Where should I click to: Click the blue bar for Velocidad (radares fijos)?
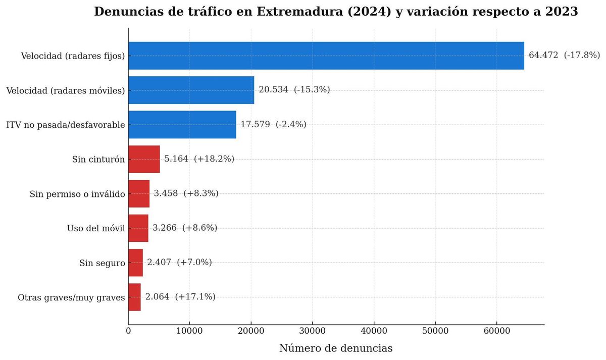pos(326,56)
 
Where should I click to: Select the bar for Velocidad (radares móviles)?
pos(191,90)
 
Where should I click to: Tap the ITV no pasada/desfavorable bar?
pos(182,124)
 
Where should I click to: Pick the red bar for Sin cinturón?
pos(144,159)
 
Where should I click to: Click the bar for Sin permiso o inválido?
pos(139,193)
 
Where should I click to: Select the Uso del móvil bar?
pos(138,228)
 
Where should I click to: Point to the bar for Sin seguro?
pos(135,263)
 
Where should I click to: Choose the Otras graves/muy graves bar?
pos(134,297)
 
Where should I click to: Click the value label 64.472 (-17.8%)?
pos(564,55)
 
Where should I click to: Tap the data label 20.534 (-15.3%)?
pos(294,89)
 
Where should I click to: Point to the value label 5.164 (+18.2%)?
pos(199,159)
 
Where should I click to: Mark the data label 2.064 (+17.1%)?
pos(180,297)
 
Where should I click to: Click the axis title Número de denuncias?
pos(336,348)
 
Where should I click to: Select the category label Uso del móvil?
pos(96,228)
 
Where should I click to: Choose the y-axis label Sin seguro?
pos(102,263)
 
